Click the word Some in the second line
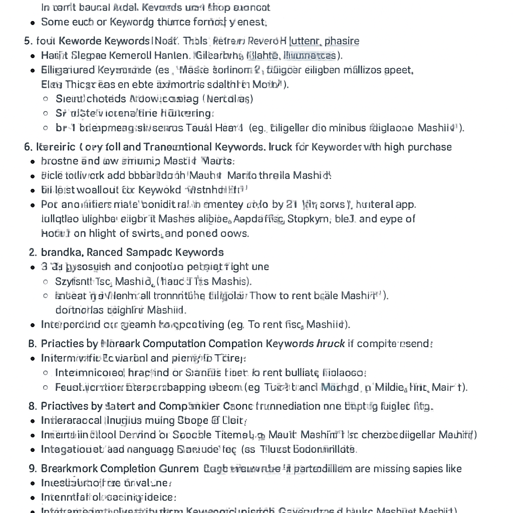click(x=53, y=22)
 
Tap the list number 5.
click(x=27, y=41)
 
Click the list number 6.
click(x=28, y=147)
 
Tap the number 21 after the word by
click(x=293, y=204)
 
